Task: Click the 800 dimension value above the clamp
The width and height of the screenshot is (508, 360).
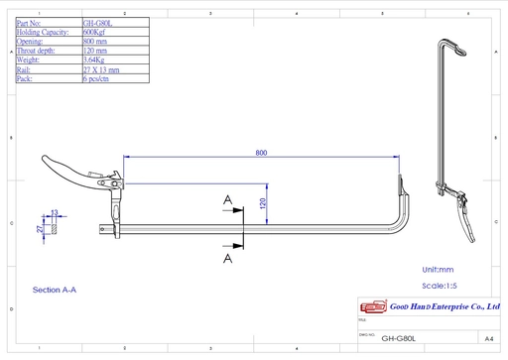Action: [x=260, y=153]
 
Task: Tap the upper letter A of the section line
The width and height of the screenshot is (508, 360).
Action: [x=228, y=200]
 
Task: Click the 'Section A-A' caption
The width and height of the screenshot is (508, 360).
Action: [x=55, y=290]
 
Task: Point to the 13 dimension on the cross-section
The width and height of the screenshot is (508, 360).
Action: [x=55, y=212]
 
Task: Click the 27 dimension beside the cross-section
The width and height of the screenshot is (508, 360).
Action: [x=40, y=228]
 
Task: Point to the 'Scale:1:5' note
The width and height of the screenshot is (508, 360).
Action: [x=440, y=286]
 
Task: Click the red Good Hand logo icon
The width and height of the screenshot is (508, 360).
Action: [x=369, y=308]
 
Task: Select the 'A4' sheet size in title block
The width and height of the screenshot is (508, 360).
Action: [x=489, y=337]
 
